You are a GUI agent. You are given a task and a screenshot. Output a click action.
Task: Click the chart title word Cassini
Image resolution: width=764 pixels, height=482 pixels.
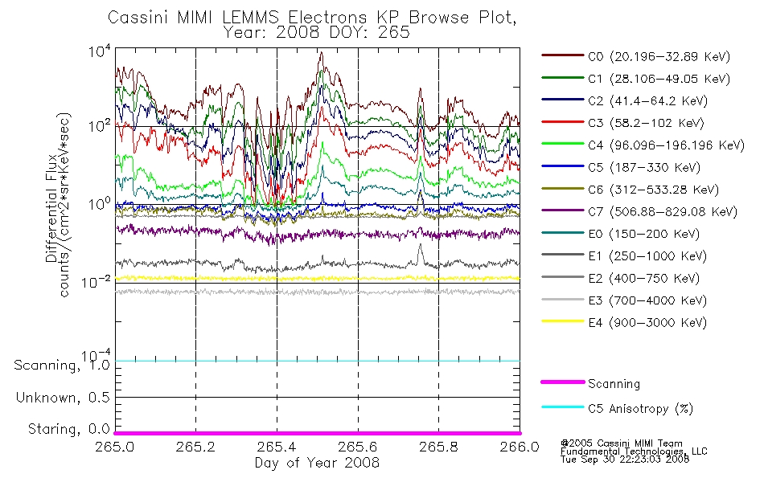click(138, 18)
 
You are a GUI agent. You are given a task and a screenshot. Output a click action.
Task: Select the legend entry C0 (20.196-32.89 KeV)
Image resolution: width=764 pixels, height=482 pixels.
click(659, 56)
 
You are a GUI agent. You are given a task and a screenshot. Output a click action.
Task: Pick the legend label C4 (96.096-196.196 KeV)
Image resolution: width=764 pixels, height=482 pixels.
click(666, 145)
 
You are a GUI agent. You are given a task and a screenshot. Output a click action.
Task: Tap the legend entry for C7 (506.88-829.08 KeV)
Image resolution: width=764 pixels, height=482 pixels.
click(663, 212)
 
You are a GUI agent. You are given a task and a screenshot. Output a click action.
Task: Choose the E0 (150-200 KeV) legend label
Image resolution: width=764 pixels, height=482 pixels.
click(643, 235)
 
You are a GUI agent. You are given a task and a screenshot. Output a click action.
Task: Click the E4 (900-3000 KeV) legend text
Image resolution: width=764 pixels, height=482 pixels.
click(647, 323)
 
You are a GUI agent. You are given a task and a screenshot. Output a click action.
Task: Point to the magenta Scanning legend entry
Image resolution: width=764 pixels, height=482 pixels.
click(614, 384)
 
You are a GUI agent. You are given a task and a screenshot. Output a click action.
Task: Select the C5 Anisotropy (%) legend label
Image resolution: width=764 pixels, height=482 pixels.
click(640, 408)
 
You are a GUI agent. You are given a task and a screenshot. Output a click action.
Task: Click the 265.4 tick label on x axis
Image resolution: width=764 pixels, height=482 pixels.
click(277, 447)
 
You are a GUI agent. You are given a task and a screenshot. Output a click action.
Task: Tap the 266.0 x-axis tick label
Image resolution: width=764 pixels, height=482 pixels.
click(520, 447)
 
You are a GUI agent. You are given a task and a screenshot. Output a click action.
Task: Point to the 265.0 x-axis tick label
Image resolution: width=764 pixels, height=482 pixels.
click(114, 447)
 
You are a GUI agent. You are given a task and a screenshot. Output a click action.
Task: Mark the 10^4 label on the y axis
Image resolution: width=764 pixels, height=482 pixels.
click(100, 51)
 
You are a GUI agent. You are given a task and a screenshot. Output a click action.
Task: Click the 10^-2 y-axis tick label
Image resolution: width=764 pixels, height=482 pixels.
click(97, 282)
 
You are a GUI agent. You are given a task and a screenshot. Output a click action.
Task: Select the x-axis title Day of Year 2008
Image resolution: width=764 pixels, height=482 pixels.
click(317, 463)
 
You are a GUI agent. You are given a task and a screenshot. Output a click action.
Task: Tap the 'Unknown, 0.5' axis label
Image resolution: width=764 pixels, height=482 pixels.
click(63, 398)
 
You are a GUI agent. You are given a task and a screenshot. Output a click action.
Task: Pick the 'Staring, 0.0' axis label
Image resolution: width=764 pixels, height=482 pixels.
click(68, 429)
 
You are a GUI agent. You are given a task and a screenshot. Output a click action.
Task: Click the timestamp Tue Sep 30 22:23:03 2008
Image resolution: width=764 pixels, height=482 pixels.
click(625, 460)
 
